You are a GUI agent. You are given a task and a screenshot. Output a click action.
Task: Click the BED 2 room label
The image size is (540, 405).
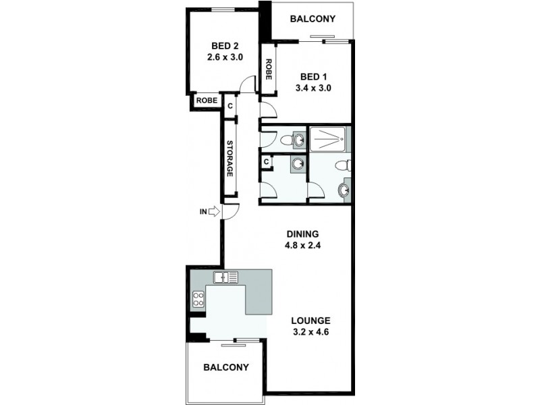225,45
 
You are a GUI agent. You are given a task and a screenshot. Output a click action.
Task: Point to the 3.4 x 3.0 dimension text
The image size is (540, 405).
313,88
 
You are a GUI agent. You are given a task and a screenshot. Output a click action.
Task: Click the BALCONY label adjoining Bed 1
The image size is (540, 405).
313,19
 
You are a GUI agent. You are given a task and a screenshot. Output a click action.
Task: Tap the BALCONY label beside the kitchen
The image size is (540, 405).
226,368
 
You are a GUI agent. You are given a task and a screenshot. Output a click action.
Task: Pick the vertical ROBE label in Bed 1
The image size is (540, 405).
268,70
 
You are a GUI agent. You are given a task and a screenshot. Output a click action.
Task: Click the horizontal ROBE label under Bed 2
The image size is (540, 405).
207,101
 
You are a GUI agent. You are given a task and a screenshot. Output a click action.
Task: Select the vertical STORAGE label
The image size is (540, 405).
230,159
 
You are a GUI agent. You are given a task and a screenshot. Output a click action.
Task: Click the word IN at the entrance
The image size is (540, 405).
202,212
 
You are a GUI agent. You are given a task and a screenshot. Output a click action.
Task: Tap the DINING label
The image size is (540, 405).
302,234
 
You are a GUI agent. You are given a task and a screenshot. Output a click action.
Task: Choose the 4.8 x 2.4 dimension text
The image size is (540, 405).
302,246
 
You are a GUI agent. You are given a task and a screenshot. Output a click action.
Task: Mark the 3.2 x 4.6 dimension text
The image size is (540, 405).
310,332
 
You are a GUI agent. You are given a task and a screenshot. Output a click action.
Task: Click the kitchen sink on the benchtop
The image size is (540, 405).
225,277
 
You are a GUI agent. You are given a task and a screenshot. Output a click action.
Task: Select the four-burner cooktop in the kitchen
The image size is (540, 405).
198,298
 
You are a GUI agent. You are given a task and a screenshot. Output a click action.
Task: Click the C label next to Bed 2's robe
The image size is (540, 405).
230,106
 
